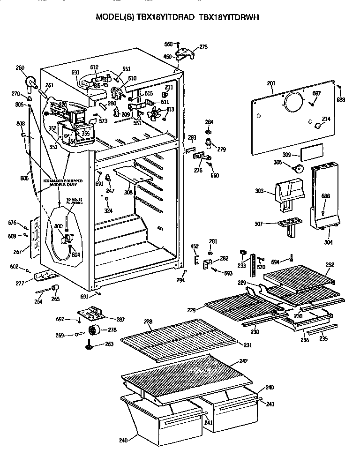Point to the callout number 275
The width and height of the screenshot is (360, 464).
pos(203,47)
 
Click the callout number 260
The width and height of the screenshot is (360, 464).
pos(20,67)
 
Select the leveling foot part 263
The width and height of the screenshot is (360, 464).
pos(88,347)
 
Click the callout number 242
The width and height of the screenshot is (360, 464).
pos(243,361)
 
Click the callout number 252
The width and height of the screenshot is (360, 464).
pos(330,265)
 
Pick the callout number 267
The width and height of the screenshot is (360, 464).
pos(18,252)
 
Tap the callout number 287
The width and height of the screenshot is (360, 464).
pos(120,319)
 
